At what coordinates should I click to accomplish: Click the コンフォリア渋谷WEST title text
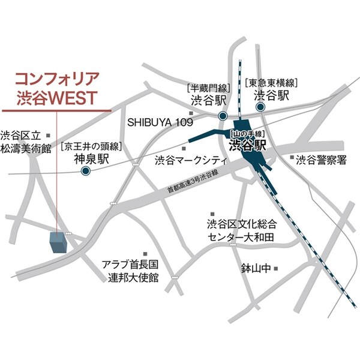coord(56,86)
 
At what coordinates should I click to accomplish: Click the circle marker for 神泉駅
coord(85,171)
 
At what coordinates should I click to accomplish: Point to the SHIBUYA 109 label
coord(159,122)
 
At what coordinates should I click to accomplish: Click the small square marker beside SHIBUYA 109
coord(191,113)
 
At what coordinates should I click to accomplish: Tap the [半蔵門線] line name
coord(208,86)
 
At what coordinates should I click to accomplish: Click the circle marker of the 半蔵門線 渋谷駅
coord(223,116)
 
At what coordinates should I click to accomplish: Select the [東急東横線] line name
coord(271,82)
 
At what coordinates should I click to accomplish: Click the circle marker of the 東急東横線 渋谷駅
coord(261,107)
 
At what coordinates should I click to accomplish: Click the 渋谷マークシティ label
coord(190,160)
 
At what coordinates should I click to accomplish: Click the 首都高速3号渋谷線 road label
coord(193,182)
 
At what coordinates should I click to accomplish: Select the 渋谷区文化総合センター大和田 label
coord(241,231)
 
